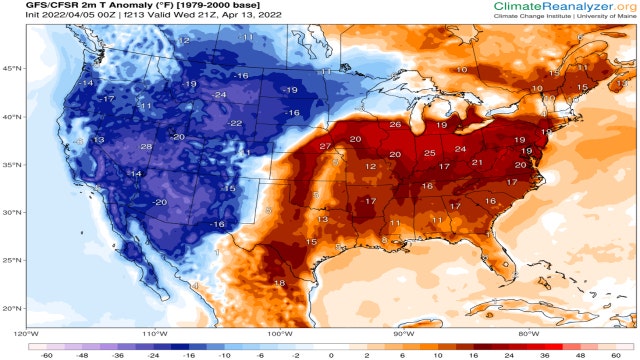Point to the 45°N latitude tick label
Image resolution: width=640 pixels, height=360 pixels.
(12, 69)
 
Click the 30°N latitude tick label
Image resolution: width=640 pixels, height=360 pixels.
(12, 212)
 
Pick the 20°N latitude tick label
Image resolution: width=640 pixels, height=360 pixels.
(12, 308)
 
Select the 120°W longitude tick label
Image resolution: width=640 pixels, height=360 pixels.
(26, 333)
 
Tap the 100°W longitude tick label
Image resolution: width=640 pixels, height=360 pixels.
(279, 333)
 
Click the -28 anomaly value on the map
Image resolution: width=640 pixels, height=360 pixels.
(146, 147)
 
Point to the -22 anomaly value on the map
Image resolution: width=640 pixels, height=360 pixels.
(235, 123)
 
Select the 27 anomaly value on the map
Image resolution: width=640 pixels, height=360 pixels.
(325, 147)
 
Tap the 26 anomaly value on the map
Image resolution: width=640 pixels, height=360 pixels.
(395, 125)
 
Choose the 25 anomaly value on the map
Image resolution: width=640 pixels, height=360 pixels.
(429, 153)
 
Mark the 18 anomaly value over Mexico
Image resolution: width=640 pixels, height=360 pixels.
(280, 284)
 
